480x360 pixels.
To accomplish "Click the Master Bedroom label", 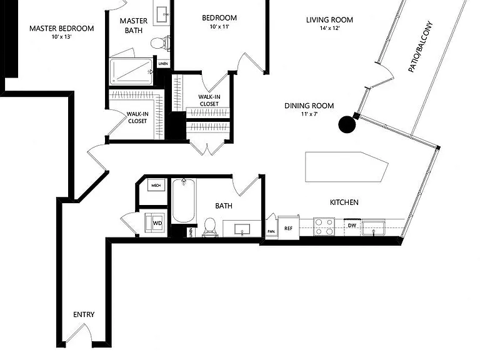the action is point(61,29).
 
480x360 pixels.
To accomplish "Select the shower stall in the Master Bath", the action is point(131,71).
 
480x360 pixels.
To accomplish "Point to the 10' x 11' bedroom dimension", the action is point(219,27).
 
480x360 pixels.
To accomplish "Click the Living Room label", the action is point(329,20).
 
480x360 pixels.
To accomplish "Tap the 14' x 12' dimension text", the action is point(330,29).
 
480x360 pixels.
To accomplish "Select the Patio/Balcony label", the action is point(420,46).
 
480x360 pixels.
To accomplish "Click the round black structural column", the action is point(347,124).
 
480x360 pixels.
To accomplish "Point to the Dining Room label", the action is point(309,106).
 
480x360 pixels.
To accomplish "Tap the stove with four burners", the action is point(324,227).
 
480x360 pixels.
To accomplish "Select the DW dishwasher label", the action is point(352,226).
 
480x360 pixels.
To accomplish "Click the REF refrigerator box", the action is point(288,227).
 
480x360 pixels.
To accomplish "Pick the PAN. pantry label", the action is point(271,231).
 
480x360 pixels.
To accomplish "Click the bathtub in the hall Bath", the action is point(183,201).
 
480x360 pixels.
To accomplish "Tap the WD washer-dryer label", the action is point(157,223).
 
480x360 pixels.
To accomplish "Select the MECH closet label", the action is point(156,186).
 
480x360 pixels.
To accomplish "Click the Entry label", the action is point(84,314).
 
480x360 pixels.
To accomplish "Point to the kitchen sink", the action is point(374,227).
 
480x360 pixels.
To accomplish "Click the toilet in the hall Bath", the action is point(210,227).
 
